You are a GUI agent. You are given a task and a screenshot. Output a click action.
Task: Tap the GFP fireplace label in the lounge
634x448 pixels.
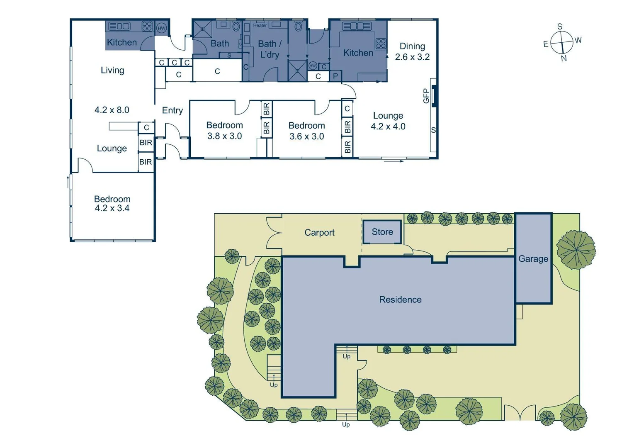point(426,96)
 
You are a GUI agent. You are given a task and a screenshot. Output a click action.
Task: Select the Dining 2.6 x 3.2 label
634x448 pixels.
point(412,51)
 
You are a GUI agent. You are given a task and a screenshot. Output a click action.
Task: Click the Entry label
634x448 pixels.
point(172,110)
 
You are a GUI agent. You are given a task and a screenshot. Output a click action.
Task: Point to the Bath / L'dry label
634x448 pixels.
point(269,49)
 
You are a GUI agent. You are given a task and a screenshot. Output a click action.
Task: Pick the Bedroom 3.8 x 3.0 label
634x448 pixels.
point(224,130)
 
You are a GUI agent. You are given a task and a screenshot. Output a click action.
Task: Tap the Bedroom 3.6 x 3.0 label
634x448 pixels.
point(306,131)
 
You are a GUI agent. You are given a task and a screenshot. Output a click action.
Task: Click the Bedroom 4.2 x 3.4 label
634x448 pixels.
point(112,204)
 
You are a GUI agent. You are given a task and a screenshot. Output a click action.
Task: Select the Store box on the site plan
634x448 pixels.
point(382,232)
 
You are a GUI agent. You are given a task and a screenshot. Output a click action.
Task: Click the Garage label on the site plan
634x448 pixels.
point(533,259)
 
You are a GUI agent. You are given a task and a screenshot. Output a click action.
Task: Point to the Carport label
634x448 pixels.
point(319,233)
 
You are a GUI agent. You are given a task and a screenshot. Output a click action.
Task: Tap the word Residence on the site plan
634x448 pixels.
point(400,299)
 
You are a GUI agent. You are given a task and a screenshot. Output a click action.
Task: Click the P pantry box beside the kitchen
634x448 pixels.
point(335,76)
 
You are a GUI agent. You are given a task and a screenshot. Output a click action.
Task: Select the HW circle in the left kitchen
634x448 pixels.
point(161,28)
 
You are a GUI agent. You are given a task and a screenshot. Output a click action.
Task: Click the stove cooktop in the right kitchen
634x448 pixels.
point(381,43)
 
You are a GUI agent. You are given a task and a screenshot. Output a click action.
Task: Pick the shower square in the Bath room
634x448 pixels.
point(203,29)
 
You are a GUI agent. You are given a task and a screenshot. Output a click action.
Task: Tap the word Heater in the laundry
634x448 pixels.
point(260,26)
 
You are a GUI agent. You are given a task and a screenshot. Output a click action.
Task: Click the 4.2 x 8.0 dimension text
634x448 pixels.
point(112,110)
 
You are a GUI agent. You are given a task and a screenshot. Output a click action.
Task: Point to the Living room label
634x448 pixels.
point(112,70)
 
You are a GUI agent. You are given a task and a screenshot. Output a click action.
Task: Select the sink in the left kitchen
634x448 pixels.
point(119,26)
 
